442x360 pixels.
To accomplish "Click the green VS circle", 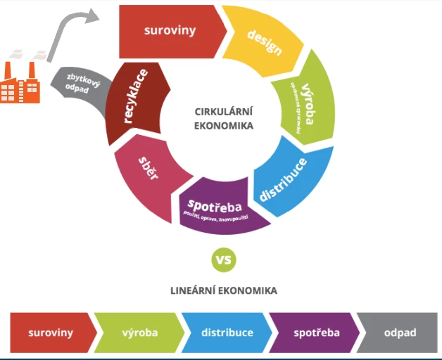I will click(223, 260).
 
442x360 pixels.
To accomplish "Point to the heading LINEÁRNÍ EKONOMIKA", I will click(223, 290).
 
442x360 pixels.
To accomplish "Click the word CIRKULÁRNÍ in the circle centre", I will click(223, 112).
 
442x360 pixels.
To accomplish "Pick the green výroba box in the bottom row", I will click(138, 333).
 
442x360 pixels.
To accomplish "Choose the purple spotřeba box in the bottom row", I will click(312, 333).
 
